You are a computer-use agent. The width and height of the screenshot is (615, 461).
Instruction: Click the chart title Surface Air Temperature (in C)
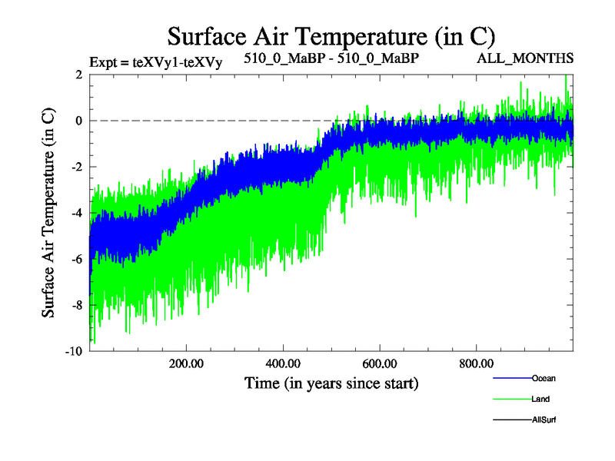click(x=331, y=36)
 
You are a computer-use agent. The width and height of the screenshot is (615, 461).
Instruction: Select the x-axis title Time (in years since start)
click(x=331, y=382)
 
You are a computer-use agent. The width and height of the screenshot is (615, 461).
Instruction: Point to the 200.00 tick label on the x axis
click(x=186, y=363)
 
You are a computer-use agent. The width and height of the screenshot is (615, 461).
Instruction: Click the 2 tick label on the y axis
click(x=79, y=75)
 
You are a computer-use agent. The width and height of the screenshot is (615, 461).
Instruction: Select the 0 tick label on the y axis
click(x=79, y=121)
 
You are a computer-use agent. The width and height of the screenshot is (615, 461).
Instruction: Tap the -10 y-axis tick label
click(x=75, y=351)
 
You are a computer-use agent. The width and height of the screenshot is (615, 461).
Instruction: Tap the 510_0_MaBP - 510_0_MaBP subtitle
click(x=331, y=58)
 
